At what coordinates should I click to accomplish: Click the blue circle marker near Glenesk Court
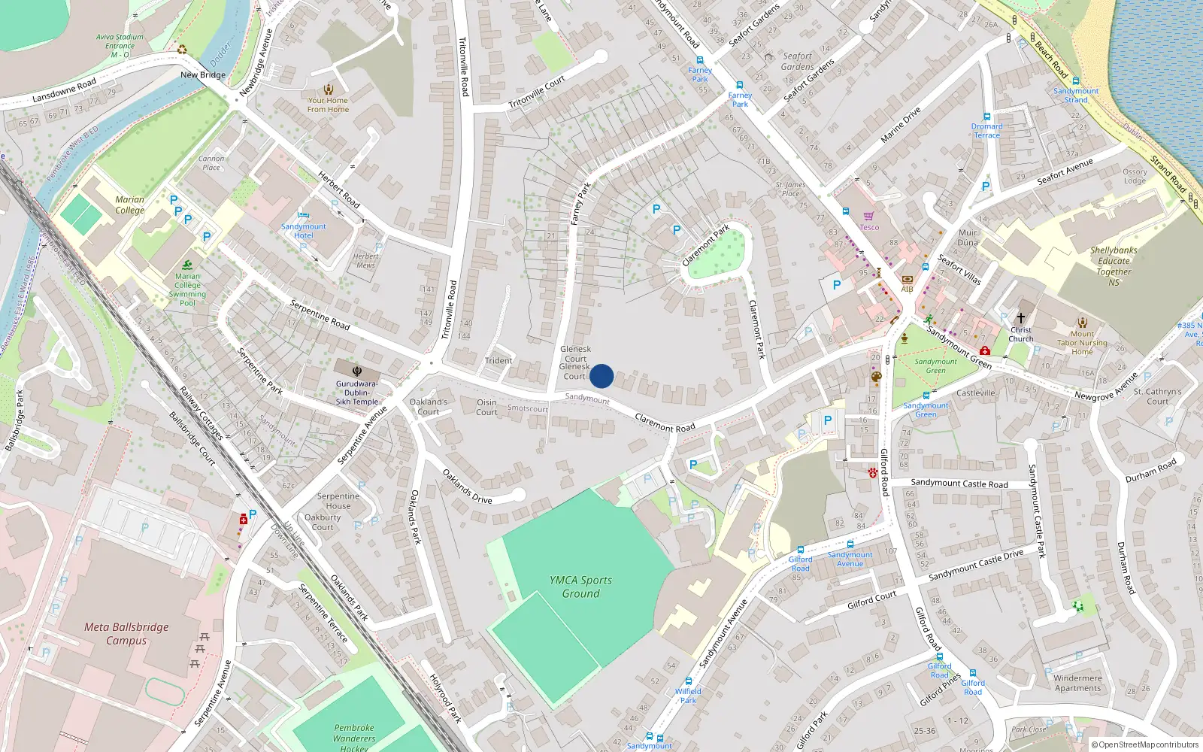pyautogui.click(x=601, y=376)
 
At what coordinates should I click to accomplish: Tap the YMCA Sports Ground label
pyautogui.click(x=580, y=587)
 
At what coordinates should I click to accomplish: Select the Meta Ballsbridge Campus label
pyautogui.click(x=126, y=633)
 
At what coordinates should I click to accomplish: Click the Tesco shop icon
pyautogui.click(x=869, y=216)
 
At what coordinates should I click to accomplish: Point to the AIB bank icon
pyautogui.click(x=907, y=280)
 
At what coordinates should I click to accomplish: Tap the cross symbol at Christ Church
pyautogui.click(x=1020, y=317)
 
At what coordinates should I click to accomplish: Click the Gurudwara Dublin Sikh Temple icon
pyautogui.click(x=357, y=371)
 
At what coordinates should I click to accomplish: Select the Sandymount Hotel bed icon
pyautogui.click(x=304, y=215)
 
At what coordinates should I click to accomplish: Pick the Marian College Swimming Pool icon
pyautogui.click(x=187, y=265)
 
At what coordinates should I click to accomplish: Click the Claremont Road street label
pyautogui.click(x=665, y=423)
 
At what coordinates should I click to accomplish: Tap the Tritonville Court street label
pyautogui.click(x=537, y=92)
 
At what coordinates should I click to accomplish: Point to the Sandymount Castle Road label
pyautogui.click(x=959, y=484)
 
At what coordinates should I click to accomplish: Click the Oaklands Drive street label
pyautogui.click(x=467, y=487)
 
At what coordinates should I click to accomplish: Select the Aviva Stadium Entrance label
pyautogui.click(x=120, y=46)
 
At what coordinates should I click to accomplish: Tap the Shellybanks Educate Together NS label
pyautogui.click(x=1114, y=266)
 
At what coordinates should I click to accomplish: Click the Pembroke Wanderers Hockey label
pyautogui.click(x=353, y=738)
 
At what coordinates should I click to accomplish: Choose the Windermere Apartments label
pyautogui.click(x=1077, y=683)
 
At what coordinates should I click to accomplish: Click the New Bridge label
pyautogui.click(x=203, y=75)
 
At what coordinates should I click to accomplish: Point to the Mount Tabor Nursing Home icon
pyautogui.click(x=1082, y=322)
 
